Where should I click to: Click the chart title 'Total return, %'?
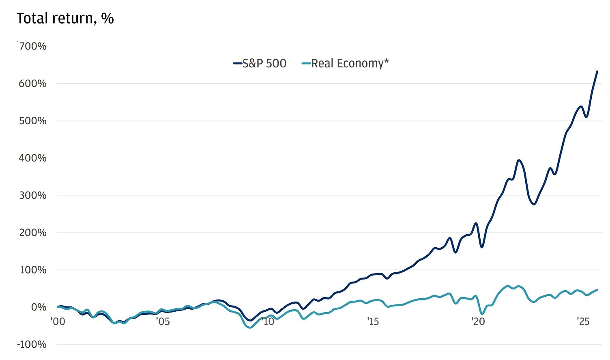[65, 19]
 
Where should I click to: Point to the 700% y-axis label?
[33, 46]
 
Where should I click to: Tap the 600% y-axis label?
[33, 84]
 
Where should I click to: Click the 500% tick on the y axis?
[33, 121]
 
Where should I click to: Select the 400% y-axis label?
[33, 158]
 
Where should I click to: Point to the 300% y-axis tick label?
[33, 196]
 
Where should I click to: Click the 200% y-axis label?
[33, 233]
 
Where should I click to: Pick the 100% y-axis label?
[33, 270]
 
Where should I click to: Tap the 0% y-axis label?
[39, 307]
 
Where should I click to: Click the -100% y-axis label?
[32, 345]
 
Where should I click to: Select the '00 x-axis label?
[58, 322]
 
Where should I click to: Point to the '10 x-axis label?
[268, 322]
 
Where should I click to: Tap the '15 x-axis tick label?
[373, 322]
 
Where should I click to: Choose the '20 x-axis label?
[478, 322]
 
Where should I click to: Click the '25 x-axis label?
[583, 322]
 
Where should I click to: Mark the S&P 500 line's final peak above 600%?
[597, 71]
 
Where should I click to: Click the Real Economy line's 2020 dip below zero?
[482, 314]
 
